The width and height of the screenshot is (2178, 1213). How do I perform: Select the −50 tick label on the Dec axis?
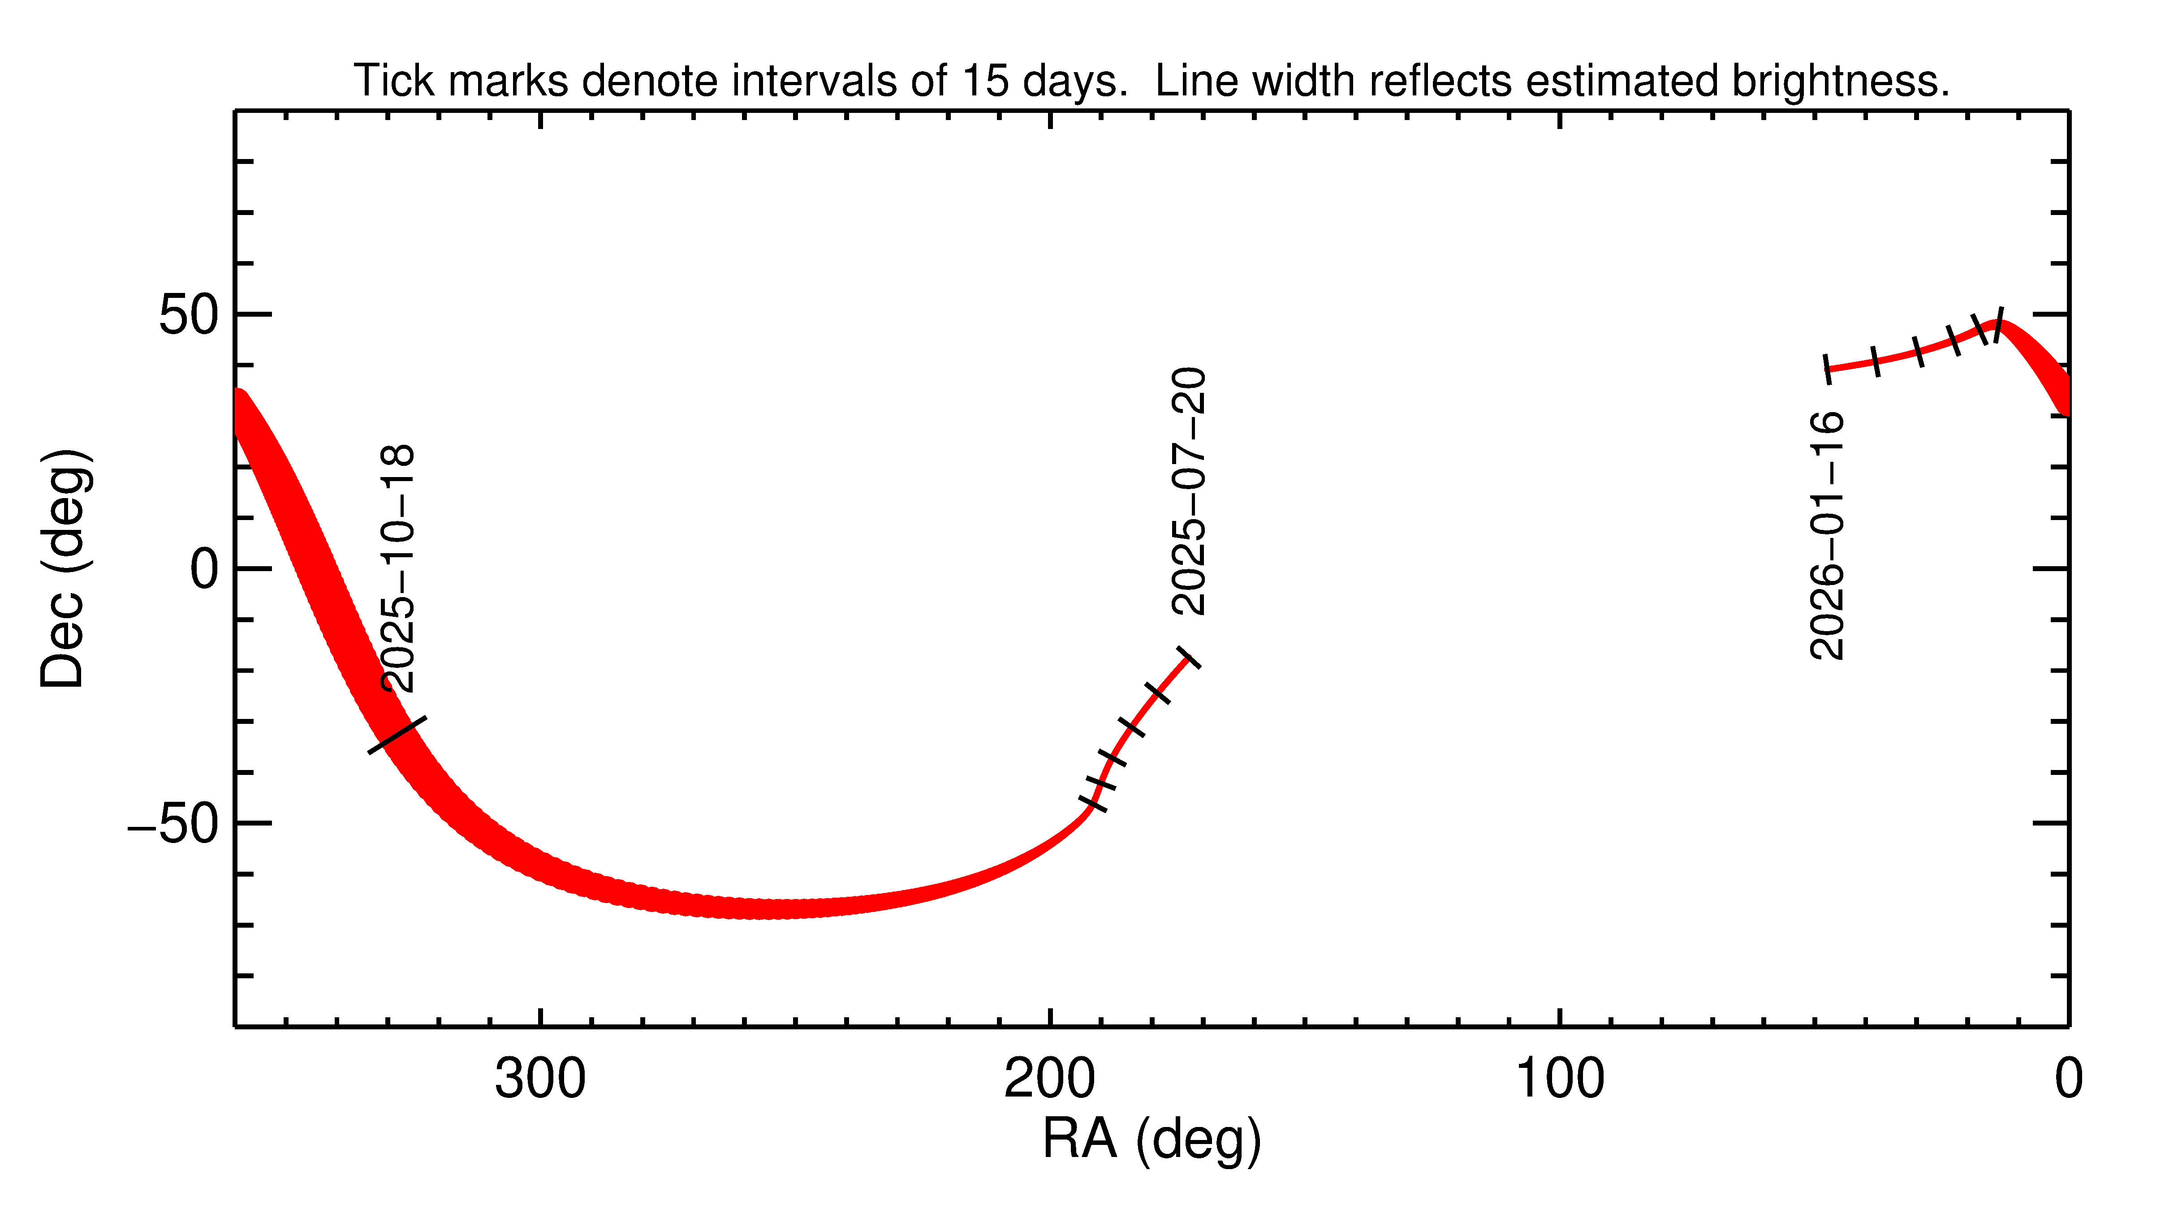[x=173, y=824]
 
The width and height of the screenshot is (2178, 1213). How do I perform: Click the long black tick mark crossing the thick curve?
[x=397, y=735]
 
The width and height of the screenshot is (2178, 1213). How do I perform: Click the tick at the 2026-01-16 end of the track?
[x=1828, y=369]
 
